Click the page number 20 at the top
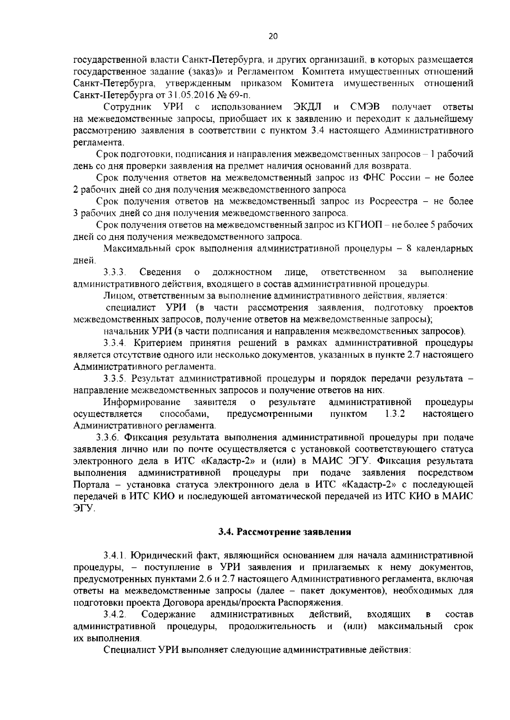pyautogui.click(x=273, y=37)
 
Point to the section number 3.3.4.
pyautogui.click(x=115, y=343)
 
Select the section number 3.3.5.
pyautogui.click(x=115, y=378)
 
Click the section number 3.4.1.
pyautogui.click(x=115, y=555)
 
